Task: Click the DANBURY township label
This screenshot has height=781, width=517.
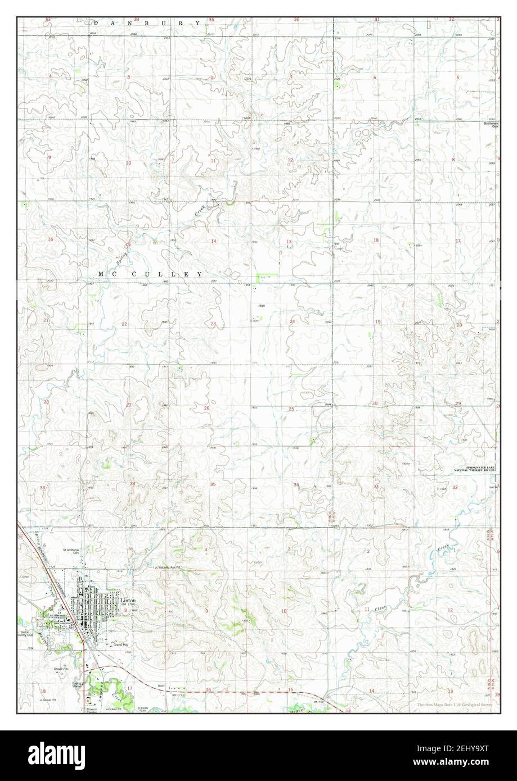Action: click(147, 22)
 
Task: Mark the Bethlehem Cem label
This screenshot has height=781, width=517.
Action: click(492, 125)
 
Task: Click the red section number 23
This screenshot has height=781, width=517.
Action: click(213, 324)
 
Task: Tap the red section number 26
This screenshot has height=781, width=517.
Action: click(206, 408)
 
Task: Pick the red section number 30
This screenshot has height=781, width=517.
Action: click(374, 403)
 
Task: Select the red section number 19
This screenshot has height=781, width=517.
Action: click(377, 321)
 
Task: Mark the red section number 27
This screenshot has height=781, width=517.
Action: click(128, 405)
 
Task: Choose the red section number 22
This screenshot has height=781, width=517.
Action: click(124, 324)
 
